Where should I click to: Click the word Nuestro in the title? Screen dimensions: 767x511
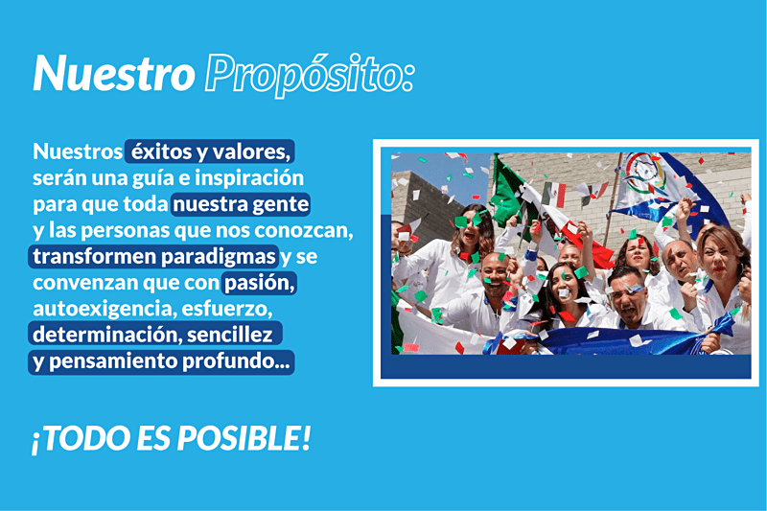click(x=114, y=74)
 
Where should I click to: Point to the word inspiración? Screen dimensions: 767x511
click(x=249, y=178)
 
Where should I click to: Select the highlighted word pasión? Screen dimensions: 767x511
click(x=259, y=283)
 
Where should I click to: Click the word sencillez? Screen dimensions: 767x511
click(x=229, y=335)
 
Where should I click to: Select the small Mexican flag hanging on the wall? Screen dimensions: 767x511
click(x=554, y=194)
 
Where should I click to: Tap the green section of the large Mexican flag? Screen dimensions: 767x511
click(x=506, y=191)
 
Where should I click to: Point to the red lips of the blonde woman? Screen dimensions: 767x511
click(x=718, y=267)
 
